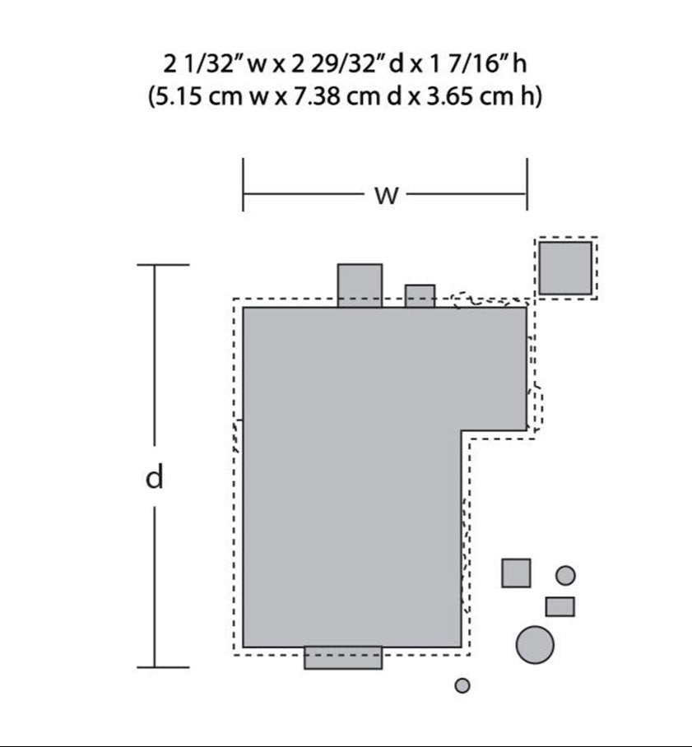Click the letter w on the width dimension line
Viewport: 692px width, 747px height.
386,195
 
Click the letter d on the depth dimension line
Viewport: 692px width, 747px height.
155,477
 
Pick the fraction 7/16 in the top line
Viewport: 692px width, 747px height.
471,64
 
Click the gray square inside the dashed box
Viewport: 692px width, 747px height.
565,268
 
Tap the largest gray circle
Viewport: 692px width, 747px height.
535,644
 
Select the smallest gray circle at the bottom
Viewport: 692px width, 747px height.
462,685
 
